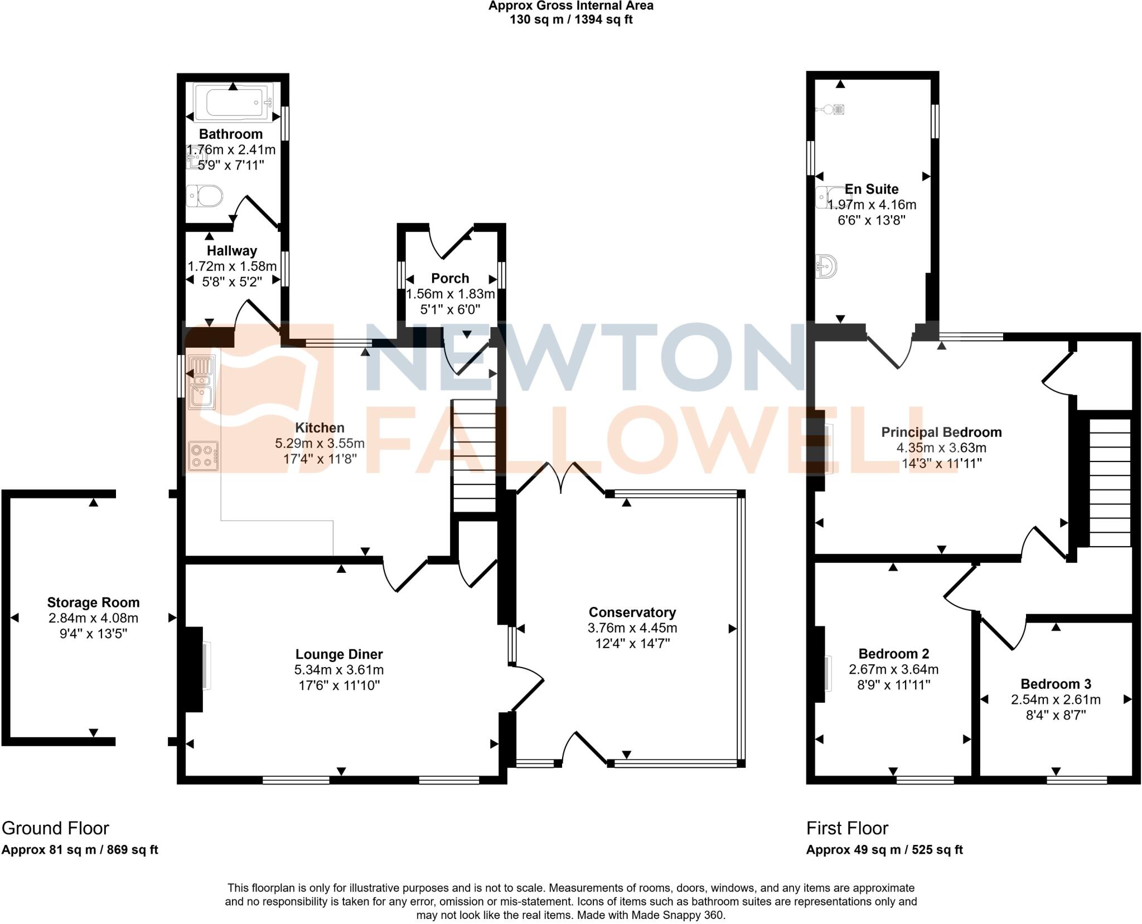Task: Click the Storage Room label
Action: [93, 602]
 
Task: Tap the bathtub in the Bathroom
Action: [231, 102]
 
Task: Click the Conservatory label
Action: [632, 612]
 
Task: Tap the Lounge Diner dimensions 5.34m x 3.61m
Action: [339, 670]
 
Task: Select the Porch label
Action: [450, 278]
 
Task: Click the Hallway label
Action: [231, 251]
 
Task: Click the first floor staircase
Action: [1110, 483]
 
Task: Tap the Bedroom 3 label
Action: [1056, 684]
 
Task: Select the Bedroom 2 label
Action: [893, 654]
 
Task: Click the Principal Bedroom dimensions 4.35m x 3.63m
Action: [941, 448]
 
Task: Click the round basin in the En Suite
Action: [828, 266]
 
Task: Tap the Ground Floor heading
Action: [55, 828]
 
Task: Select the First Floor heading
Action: [847, 828]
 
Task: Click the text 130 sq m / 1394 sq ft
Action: [571, 20]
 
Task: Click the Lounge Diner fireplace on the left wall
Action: [195, 669]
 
